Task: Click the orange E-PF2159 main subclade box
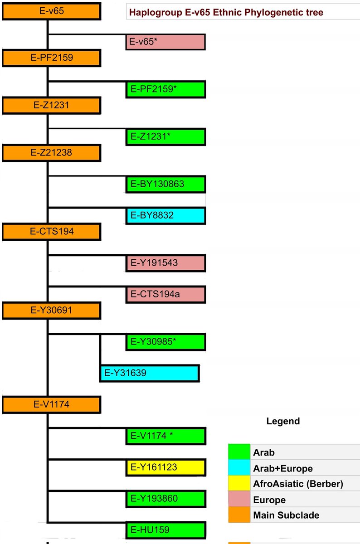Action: click(51, 58)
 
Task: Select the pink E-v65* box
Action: click(165, 42)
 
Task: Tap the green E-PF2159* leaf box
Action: click(165, 89)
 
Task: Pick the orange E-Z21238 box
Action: click(51, 153)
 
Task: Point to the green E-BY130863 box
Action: click(165, 185)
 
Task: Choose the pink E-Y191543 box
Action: click(165, 263)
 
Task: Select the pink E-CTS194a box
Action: click(165, 295)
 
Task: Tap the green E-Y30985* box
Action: click(165, 342)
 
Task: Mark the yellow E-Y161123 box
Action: click(165, 467)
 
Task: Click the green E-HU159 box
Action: click(165, 530)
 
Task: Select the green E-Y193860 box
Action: click(165, 499)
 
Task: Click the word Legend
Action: click(282, 421)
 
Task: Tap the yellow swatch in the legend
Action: click(239, 484)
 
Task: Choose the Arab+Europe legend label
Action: click(283, 468)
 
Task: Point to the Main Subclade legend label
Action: click(286, 515)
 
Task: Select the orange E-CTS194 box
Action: click(51, 232)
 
